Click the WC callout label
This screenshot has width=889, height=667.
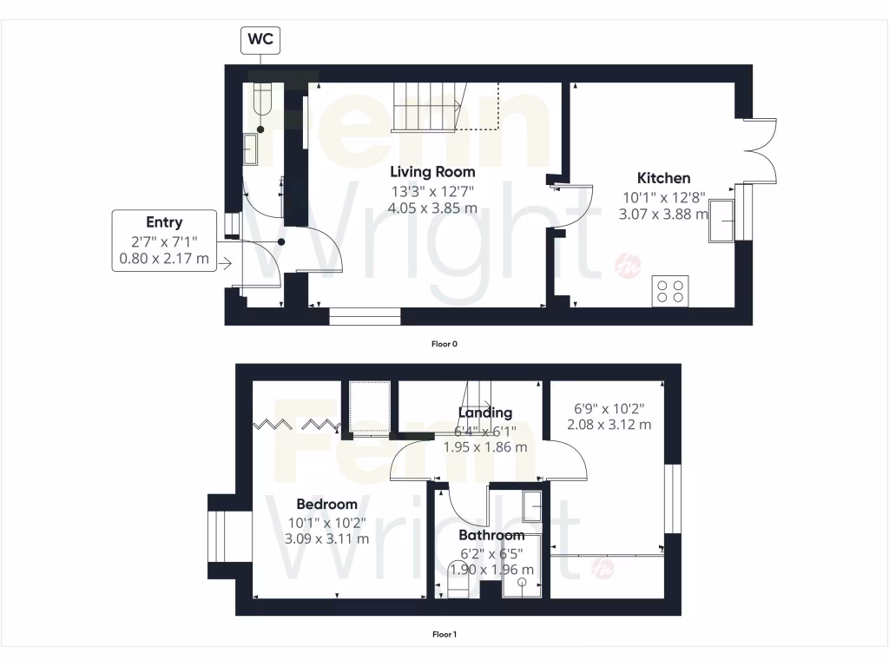click(x=260, y=39)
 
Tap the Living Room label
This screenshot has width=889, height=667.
click(x=431, y=171)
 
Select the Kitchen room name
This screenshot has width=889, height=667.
click(x=664, y=178)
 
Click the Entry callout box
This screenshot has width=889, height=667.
click(x=164, y=240)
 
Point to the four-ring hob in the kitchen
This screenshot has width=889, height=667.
click(x=669, y=290)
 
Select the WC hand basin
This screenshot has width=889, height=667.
click(x=251, y=149)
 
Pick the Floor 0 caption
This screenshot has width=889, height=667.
click(x=444, y=344)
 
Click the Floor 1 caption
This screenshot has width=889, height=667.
click(x=444, y=634)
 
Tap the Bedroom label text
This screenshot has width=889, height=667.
click(x=326, y=505)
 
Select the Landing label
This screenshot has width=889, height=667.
click(x=486, y=413)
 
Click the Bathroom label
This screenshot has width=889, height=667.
click(x=491, y=535)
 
